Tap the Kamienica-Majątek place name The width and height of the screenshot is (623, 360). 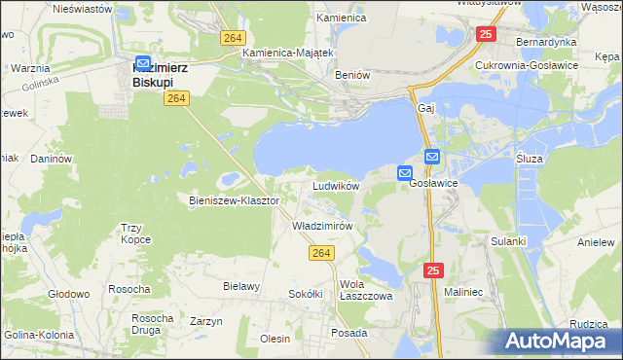(288, 53)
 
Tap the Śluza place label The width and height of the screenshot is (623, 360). (530, 157)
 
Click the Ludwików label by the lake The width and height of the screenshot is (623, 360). (336, 185)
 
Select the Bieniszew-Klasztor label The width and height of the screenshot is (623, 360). (234, 200)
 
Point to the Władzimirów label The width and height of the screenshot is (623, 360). (322, 225)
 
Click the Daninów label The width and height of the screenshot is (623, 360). (52, 158)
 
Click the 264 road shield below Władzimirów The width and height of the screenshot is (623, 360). (323, 253)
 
